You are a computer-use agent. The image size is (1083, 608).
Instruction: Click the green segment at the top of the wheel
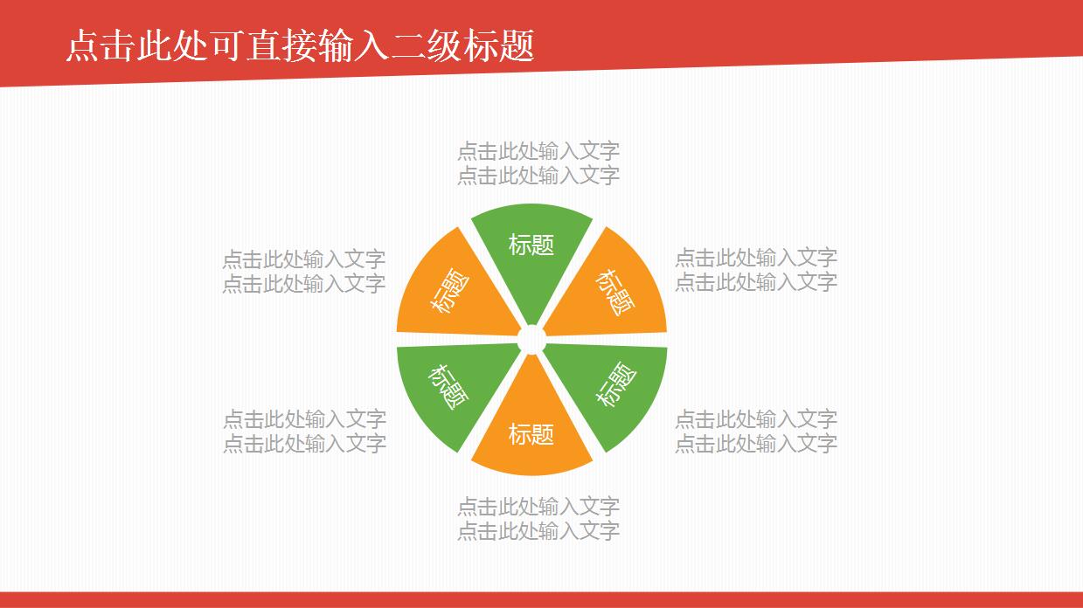(531, 262)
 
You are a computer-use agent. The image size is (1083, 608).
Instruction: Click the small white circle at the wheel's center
(531, 341)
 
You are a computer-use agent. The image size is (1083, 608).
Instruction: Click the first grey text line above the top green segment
(538, 151)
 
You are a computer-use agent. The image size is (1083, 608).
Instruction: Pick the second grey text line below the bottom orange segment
(538, 530)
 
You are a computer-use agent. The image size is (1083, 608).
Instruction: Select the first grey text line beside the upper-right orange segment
(756, 258)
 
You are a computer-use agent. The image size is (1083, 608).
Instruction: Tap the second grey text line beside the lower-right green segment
(756, 443)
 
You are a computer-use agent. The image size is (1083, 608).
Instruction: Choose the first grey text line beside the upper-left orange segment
(303, 259)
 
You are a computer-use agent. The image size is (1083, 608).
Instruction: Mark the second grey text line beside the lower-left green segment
(304, 443)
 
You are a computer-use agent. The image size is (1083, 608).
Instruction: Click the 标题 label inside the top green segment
(531, 245)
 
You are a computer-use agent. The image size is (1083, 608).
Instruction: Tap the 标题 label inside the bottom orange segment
(531, 434)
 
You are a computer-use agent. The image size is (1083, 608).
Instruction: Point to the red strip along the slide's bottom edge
(541, 599)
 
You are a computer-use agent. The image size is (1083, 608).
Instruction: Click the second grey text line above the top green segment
(538, 176)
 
